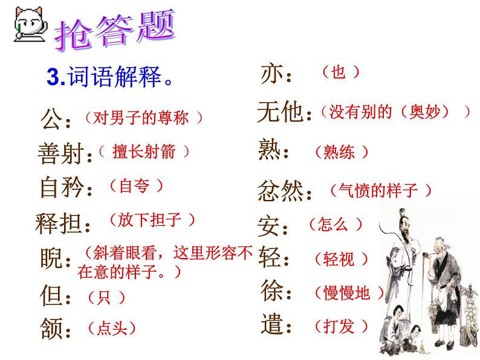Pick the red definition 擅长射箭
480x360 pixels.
click(144, 152)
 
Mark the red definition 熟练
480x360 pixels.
click(341, 153)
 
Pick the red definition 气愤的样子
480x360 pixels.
click(381, 191)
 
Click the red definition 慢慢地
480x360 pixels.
click(349, 294)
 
